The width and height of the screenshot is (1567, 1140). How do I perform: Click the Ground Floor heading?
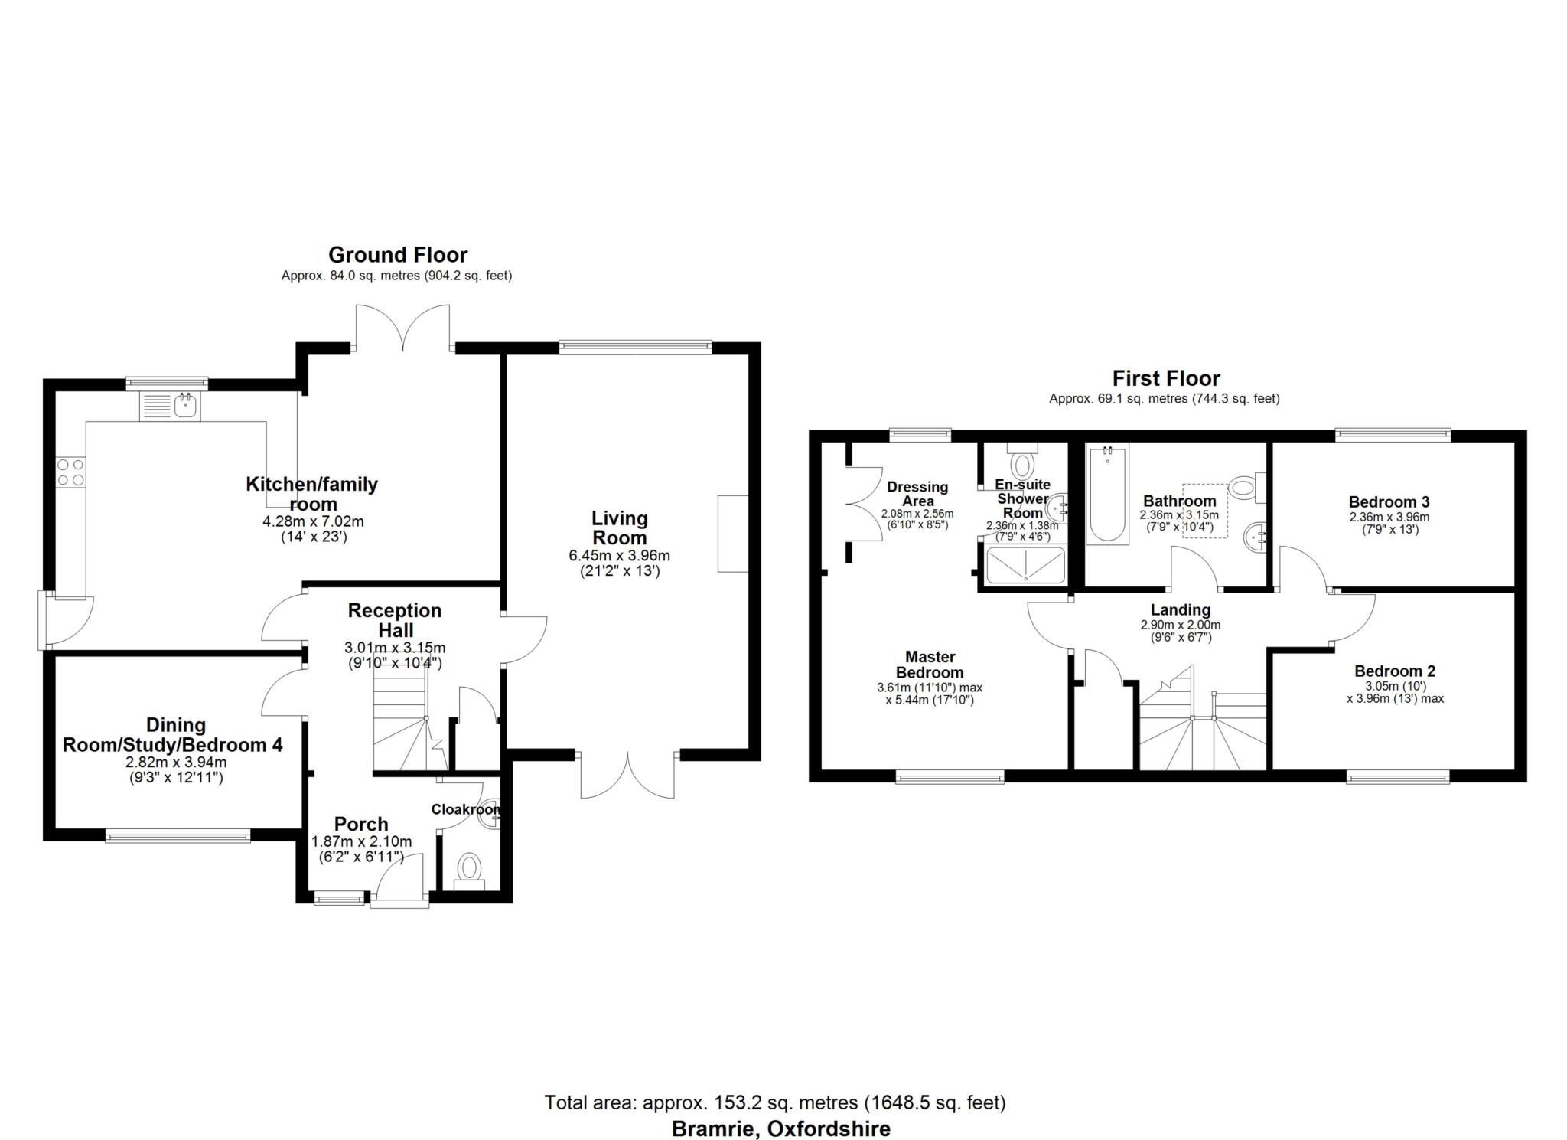tap(397, 255)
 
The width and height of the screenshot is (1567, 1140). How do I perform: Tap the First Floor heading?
tap(1165, 378)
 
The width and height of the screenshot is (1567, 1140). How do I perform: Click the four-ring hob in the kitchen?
tap(70, 471)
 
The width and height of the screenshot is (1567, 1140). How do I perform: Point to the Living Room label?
tap(620, 528)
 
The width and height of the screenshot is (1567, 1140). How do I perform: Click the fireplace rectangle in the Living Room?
tap(732, 534)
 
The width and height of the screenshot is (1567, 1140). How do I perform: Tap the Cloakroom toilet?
tap(468, 868)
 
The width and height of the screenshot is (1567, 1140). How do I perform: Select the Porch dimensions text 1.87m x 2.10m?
tap(361, 841)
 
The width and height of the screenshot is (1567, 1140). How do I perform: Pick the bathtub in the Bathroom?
tap(1107, 495)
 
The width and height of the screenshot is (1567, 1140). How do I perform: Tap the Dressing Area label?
tap(917, 494)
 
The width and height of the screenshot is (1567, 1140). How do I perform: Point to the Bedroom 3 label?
tap(1389, 502)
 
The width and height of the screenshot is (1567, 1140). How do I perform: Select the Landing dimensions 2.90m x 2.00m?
tap(1180, 625)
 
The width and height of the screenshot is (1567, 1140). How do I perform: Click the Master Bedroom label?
tap(930, 665)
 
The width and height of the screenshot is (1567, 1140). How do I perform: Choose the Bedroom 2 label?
tap(1394, 671)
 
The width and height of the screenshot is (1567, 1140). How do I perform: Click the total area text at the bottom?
tap(774, 1102)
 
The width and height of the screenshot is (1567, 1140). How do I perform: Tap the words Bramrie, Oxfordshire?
tap(780, 1129)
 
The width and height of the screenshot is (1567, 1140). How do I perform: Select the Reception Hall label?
tap(395, 620)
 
